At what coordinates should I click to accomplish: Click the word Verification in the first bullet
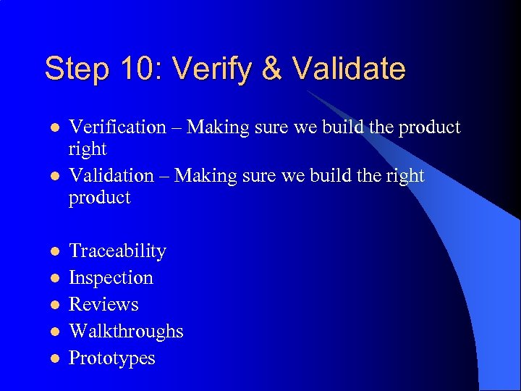tap(117, 127)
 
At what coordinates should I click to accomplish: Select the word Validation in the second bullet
tap(111, 176)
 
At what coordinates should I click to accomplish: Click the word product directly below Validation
tap(99, 198)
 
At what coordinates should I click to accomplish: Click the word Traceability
tap(117, 251)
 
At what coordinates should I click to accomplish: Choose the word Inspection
tap(111, 278)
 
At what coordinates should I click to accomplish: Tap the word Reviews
tap(103, 304)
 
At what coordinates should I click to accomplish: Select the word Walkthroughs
tap(126, 332)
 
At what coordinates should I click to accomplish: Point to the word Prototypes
tap(111, 358)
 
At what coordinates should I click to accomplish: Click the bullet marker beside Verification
tap(53, 128)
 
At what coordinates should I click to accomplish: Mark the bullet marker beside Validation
tap(53, 177)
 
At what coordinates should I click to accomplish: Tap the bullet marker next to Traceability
tap(53, 252)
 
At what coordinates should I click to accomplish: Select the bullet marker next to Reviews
tap(53, 305)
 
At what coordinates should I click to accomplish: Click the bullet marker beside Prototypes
tap(53, 359)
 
